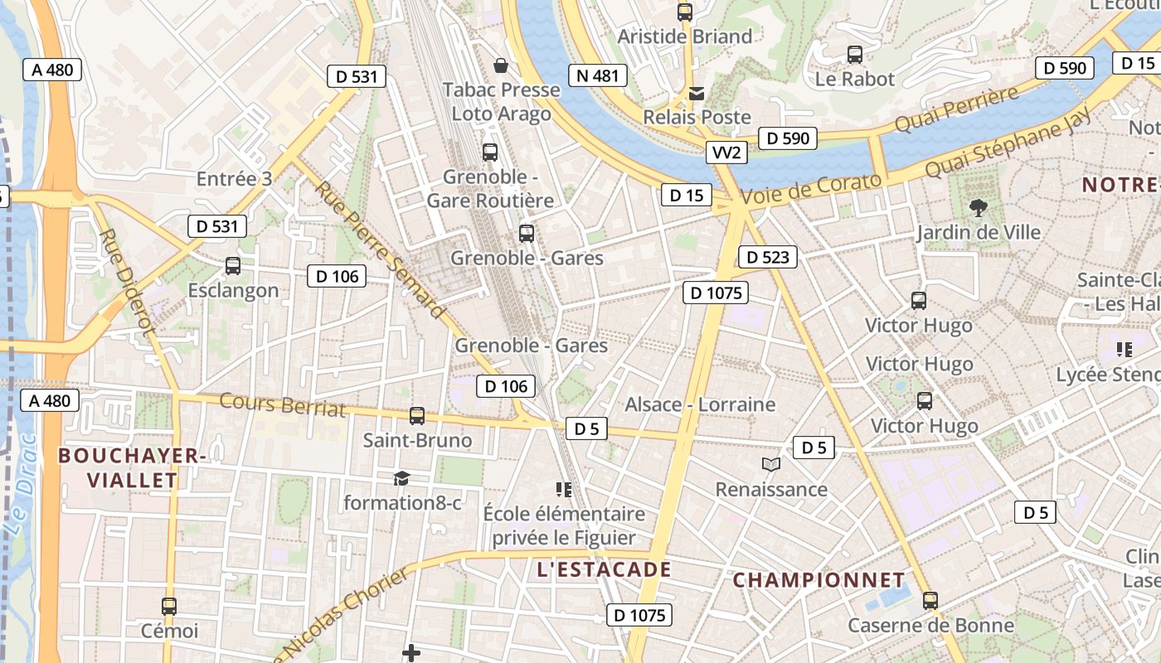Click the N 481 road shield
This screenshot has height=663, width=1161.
(597, 75)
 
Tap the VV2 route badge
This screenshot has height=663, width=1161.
(726, 152)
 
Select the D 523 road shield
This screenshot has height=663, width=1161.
(767, 257)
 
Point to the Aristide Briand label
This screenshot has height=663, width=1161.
(685, 36)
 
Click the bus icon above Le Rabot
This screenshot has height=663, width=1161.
(855, 55)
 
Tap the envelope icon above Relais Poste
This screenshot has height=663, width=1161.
(697, 94)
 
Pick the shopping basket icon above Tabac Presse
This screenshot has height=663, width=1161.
(501, 65)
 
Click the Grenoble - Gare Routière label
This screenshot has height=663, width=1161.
(490, 189)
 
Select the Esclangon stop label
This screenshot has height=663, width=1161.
(233, 290)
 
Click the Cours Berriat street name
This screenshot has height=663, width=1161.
(283, 404)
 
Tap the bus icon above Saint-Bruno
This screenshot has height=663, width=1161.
(417, 416)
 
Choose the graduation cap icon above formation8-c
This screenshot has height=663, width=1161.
(401, 478)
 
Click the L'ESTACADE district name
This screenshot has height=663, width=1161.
(604, 569)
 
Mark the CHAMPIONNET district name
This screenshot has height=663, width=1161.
(819, 579)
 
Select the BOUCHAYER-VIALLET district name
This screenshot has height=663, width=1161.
(132, 467)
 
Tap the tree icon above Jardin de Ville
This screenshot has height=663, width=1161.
(979, 207)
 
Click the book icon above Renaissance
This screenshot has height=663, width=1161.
(771, 464)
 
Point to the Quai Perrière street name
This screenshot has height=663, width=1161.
(956, 109)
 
